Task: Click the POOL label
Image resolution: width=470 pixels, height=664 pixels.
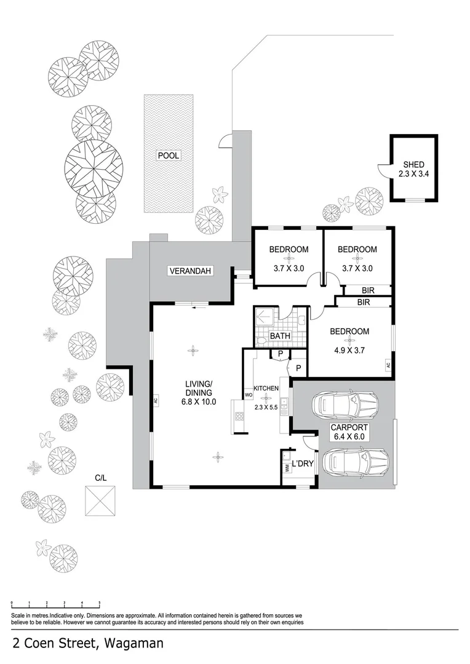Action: [x=168, y=156]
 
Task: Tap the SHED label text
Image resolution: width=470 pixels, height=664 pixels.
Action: [x=413, y=165]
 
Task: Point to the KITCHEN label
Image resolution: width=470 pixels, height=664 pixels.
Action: [x=266, y=389]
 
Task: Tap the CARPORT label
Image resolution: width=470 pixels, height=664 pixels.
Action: [x=349, y=427]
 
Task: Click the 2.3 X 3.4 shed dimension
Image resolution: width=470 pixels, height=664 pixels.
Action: [x=413, y=175]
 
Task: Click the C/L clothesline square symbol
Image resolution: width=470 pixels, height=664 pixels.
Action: [x=100, y=501]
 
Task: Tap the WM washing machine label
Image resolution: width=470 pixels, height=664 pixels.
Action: [x=287, y=468]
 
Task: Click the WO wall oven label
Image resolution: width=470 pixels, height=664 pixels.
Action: [x=249, y=395]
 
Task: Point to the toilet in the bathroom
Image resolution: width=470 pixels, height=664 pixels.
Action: [x=260, y=338]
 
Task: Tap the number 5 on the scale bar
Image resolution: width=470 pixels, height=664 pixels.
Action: [x=99, y=603]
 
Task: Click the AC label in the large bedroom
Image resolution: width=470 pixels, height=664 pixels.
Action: [x=388, y=365]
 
